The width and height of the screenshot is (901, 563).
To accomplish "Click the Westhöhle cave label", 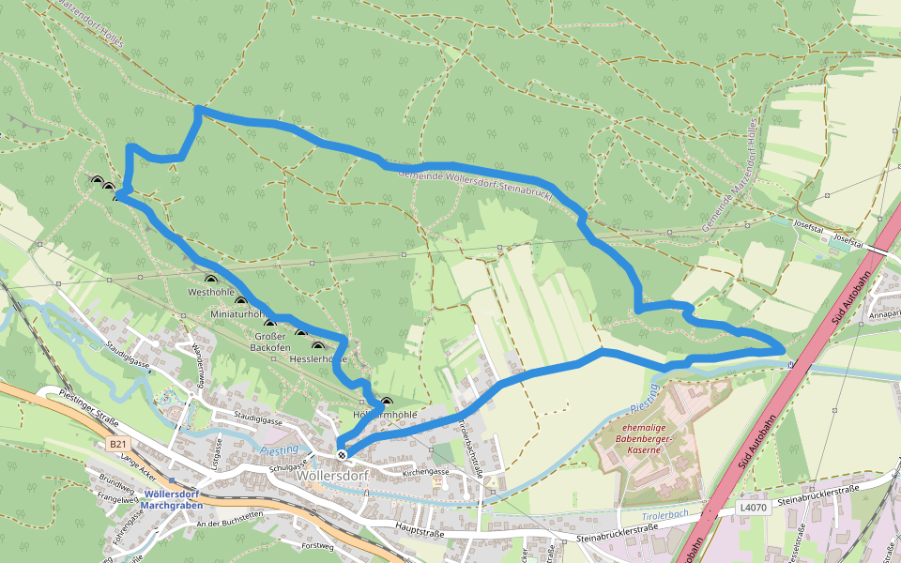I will click(x=210, y=293).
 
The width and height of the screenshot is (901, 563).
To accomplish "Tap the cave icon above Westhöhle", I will click(x=210, y=280).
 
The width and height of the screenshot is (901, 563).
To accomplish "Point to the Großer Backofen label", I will click(x=270, y=342).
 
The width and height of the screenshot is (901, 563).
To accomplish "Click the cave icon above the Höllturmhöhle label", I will click(x=386, y=402).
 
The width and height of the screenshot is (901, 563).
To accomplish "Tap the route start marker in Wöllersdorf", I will click(x=342, y=455).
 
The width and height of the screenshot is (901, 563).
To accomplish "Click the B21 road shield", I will click(x=116, y=443).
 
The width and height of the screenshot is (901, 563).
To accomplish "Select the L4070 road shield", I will click(x=753, y=508).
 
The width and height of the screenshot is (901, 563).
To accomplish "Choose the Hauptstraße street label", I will click(x=420, y=532).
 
